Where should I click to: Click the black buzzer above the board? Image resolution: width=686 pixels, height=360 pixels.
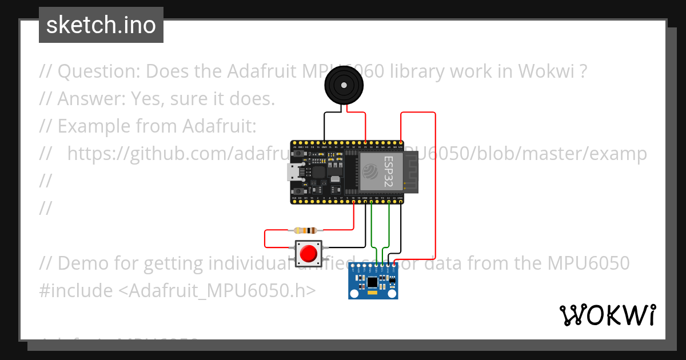(344, 86)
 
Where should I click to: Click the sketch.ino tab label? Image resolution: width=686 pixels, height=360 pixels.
(101, 25)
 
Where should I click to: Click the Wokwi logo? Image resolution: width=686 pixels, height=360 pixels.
(607, 315)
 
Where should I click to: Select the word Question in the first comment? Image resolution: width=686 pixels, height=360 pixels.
(98, 72)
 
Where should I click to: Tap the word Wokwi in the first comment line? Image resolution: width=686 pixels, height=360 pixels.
(545, 72)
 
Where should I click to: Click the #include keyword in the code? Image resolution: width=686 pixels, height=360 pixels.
(76, 291)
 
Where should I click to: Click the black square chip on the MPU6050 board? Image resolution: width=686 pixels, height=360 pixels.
(372, 281)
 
